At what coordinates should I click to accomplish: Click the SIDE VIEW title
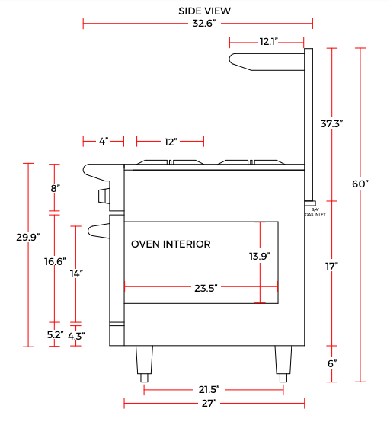(x=205, y=11)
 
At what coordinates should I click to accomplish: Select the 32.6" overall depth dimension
(x=204, y=24)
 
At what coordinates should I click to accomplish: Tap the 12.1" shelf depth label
(x=269, y=41)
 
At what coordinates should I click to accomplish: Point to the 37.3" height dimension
(x=331, y=124)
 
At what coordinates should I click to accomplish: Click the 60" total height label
(x=360, y=184)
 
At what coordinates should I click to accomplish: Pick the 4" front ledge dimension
(x=104, y=141)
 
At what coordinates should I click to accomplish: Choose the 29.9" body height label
(x=28, y=237)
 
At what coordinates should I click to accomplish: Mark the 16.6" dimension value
(x=55, y=261)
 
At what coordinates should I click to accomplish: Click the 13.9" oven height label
(x=260, y=256)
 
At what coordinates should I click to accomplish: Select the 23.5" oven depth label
(x=206, y=288)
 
